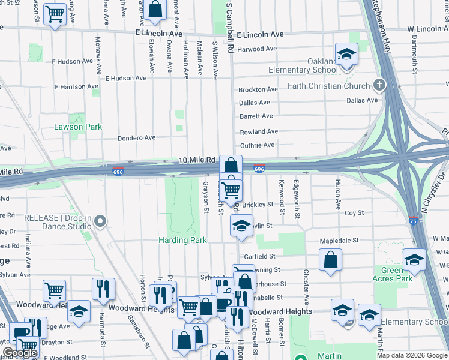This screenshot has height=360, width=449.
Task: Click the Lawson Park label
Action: click(78, 127)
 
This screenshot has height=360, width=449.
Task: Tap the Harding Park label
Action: click(182, 240)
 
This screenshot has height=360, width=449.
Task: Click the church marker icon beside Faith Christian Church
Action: click(378, 85)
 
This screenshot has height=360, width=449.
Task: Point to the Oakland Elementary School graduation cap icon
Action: click(346, 55)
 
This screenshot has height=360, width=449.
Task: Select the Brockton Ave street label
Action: click(258, 89)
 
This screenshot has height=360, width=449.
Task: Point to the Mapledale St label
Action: click(339, 240)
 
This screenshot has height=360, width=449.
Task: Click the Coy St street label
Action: click(354, 213)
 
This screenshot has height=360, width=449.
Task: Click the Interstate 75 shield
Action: click(414, 221)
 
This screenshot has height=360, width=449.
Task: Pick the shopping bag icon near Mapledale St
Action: click(330, 260)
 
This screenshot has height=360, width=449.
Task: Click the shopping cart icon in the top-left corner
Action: click(55, 14)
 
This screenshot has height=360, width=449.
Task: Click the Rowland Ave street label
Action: click(259, 131)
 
